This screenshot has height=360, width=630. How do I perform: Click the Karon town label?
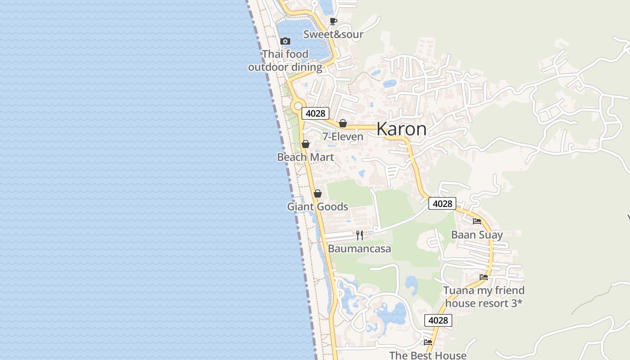coord(401,129)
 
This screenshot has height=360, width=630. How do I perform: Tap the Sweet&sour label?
coord(333,34)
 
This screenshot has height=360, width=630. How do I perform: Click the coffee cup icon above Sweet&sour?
coord(333,21)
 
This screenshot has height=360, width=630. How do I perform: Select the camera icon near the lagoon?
coord(285,41)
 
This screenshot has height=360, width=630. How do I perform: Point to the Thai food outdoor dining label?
coord(285,61)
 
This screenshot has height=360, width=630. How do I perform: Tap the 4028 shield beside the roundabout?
coord(315,113)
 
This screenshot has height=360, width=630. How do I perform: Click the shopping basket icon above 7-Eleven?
coord(343,123)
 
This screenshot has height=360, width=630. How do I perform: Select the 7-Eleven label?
coord(343,136)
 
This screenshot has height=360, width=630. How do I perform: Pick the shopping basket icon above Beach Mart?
coord(306,144)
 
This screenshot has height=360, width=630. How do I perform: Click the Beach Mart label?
coord(306,157)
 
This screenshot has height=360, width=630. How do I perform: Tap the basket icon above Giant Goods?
coord(318,193)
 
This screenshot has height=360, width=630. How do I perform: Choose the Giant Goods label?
coord(318,207)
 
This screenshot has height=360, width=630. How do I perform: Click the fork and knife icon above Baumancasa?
coord(360,235)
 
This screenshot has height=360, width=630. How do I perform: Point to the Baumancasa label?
coord(360,249)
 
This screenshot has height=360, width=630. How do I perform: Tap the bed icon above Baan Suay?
coord(477,221)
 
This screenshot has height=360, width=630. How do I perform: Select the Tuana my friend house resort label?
coord(484,297)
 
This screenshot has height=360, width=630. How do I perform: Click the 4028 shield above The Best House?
coord(438,320)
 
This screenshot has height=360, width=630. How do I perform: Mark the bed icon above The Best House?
coord(428,342)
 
